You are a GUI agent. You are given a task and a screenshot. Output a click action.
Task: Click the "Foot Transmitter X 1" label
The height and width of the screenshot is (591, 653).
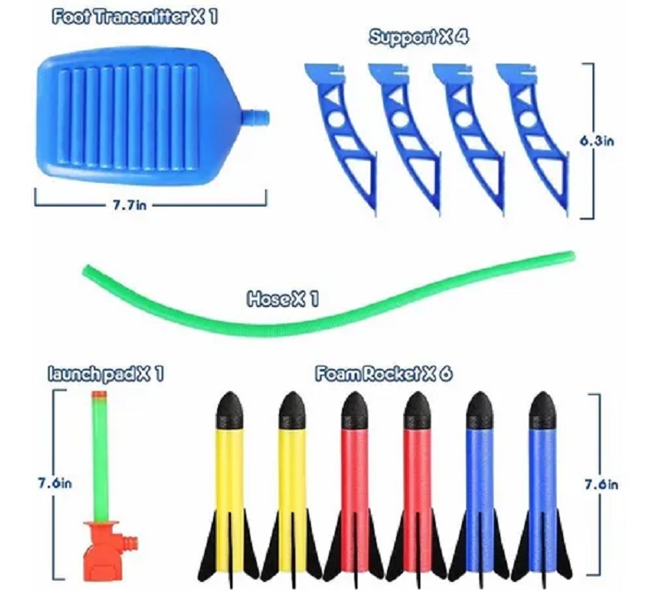pyautogui.click(x=135, y=17)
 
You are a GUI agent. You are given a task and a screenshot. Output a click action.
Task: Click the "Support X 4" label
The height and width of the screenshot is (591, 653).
pyautogui.click(x=419, y=38)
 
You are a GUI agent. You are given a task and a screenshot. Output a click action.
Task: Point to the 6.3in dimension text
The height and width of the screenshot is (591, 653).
pyautogui.click(x=597, y=140)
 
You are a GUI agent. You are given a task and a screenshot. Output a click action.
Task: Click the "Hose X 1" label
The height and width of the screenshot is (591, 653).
pyautogui.click(x=282, y=300)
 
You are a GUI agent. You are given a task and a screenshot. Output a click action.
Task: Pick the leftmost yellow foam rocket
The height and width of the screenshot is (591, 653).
pyautogui.click(x=229, y=482)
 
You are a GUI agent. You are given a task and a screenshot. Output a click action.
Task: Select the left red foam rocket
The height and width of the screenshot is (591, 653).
pyautogui.click(x=353, y=482)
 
